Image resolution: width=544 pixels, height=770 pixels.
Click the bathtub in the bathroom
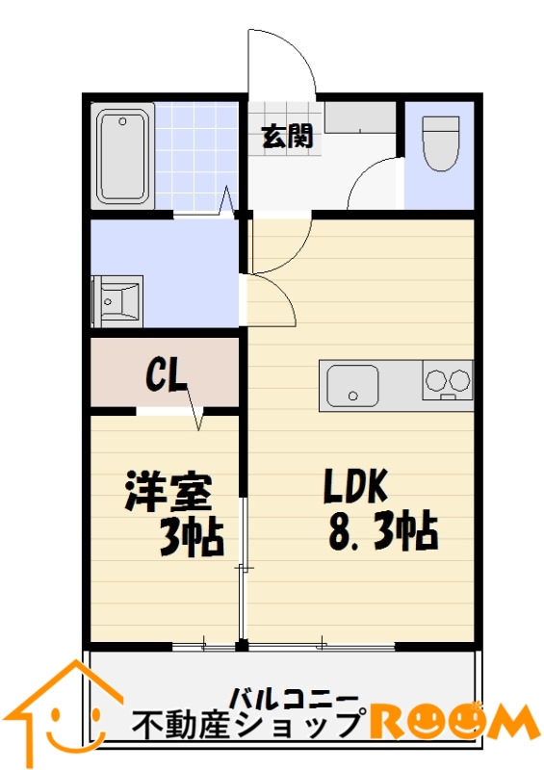123,156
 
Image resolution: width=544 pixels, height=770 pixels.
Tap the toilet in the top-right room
441,142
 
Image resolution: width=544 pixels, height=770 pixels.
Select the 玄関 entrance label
287,136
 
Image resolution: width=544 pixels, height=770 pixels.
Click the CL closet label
167,376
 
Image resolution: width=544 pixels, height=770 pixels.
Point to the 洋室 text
168,492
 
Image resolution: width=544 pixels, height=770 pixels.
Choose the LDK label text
355,487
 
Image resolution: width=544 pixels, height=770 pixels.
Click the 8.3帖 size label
382,531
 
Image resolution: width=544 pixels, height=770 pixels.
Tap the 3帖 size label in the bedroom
192,538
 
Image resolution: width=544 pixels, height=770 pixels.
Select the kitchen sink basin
352,386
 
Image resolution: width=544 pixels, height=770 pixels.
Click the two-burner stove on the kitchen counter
447,380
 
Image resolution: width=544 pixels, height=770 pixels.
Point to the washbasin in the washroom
117,301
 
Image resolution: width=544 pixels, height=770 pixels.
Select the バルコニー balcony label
295,699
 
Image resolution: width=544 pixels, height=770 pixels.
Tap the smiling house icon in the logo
67,713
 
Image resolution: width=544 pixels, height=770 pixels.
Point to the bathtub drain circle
122,121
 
